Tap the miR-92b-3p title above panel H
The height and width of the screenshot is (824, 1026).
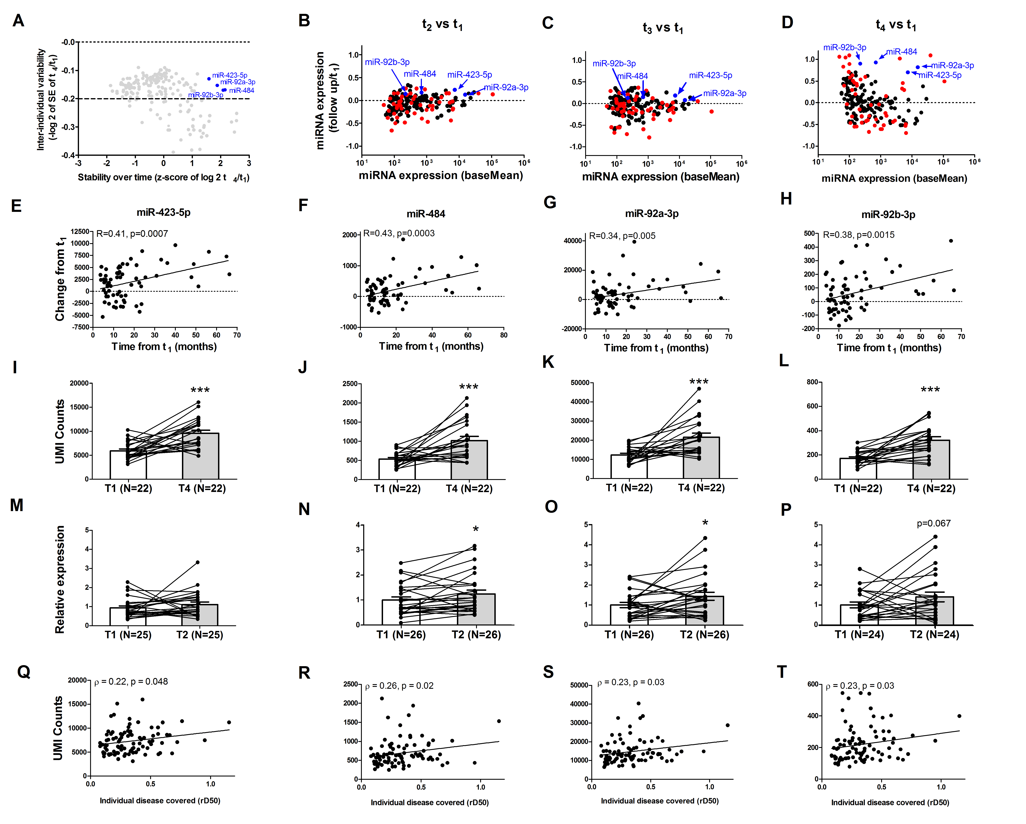click(888, 215)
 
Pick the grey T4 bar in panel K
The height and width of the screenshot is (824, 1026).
click(701, 458)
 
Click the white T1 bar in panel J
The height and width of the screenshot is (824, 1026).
click(396, 469)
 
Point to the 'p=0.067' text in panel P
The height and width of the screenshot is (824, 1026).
click(933, 523)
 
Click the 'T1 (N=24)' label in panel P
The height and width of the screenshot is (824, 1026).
click(859, 635)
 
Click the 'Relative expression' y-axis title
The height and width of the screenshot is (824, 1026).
click(60, 579)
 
